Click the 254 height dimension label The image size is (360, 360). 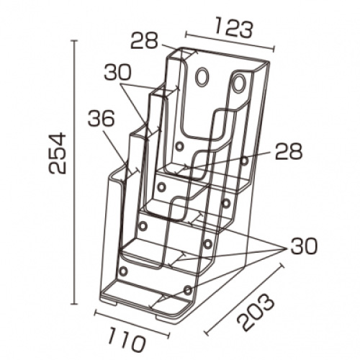pyautogui.click(x=57, y=153)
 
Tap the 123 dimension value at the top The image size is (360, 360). pyautogui.click(x=233, y=28)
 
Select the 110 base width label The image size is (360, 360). pyautogui.click(x=127, y=340)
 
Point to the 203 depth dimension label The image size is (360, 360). pyautogui.click(x=256, y=311)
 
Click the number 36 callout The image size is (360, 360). pyautogui.click(x=101, y=119)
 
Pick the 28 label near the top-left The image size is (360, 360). pyautogui.click(x=144, y=41)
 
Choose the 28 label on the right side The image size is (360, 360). pyautogui.click(x=289, y=151)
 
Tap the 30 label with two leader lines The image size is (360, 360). pyautogui.click(x=117, y=72)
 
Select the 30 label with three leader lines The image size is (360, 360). pyautogui.click(x=304, y=246)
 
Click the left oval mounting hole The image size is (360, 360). pyautogui.click(x=202, y=76)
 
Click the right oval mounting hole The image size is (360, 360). pyautogui.click(x=238, y=84)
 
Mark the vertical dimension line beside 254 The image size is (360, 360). pyautogui.click(x=75, y=172)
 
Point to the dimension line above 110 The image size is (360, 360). pyautogui.click(x=132, y=323)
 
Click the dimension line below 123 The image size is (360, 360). pyautogui.click(x=230, y=42)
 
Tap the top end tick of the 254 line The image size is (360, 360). pyautogui.click(x=75, y=41)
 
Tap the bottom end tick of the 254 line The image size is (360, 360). pyautogui.click(x=75, y=304)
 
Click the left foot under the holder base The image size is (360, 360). pyautogui.click(x=109, y=303)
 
